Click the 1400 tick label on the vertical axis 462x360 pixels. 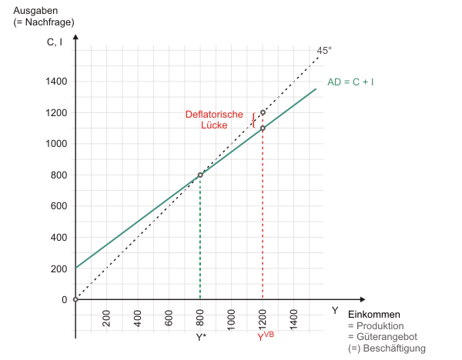pos(56,82)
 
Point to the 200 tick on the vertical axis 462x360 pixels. pos(59,268)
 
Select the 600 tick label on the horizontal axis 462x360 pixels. pos(169,317)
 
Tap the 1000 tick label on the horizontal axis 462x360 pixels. pos(231,318)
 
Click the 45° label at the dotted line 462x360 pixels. pos(324,51)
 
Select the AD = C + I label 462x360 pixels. pos(351,82)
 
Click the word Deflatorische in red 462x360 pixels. pos(215,115)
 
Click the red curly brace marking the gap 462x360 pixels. pos(253,120)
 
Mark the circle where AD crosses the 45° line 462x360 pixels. pos(200,175)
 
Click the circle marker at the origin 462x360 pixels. pos(75,299)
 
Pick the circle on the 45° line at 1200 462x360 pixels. pos(263,112)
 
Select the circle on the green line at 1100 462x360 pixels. pos(263,128)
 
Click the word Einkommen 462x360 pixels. pos(374,315)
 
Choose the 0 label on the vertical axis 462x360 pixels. pos(65,299)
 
